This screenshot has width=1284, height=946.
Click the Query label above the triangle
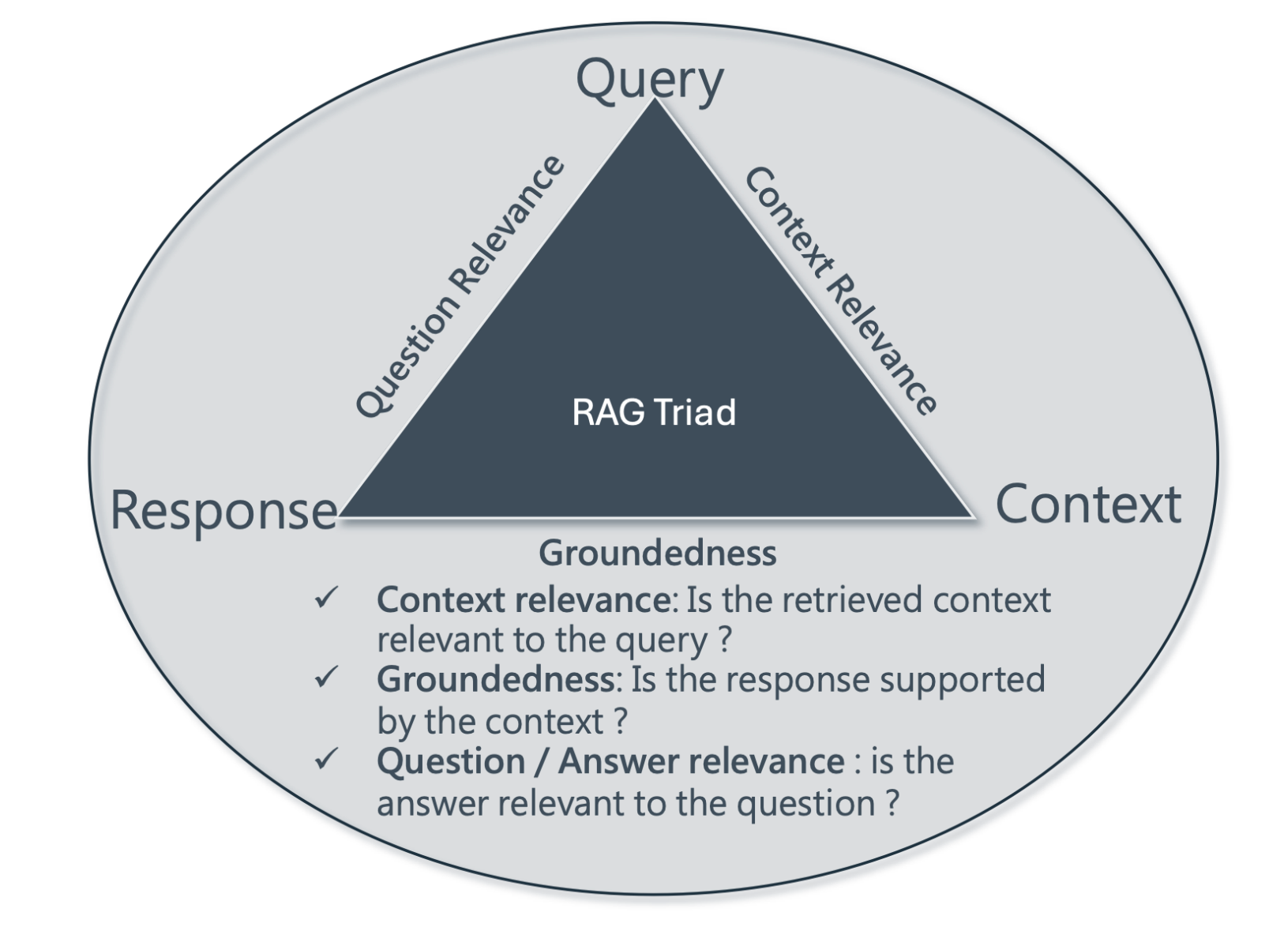(x=649, y=80)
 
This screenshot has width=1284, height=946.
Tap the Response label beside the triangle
(x=223, y=509)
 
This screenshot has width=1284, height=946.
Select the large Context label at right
(x=1087, y=505)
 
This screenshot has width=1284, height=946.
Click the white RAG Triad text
(x=654, y=412)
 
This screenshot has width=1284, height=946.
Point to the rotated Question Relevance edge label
(x=460, y=286)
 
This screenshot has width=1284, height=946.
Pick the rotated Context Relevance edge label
(x=841, y=291)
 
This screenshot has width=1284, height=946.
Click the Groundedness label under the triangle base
(x=657, y=553)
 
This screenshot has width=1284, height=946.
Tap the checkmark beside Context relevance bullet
(x=325, y=598)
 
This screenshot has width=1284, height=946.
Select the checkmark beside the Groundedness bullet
(x=325, y=677)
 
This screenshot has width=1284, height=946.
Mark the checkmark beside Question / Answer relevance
(x=325, y=759)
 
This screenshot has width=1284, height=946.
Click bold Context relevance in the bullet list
(x=524, y=600)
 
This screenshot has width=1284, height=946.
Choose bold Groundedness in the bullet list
(x=495, y=679)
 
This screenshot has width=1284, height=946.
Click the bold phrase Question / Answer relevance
(x=610, y=761)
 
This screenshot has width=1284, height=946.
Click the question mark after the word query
(x=726, y=640)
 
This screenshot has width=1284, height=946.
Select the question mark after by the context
(x=621, y=722)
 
